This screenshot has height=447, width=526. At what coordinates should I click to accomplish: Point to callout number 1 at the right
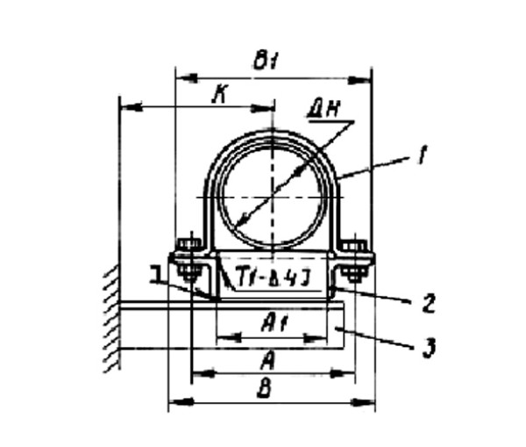pos(422,158)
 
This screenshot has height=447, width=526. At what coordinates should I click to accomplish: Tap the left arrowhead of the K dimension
pos(124,109)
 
